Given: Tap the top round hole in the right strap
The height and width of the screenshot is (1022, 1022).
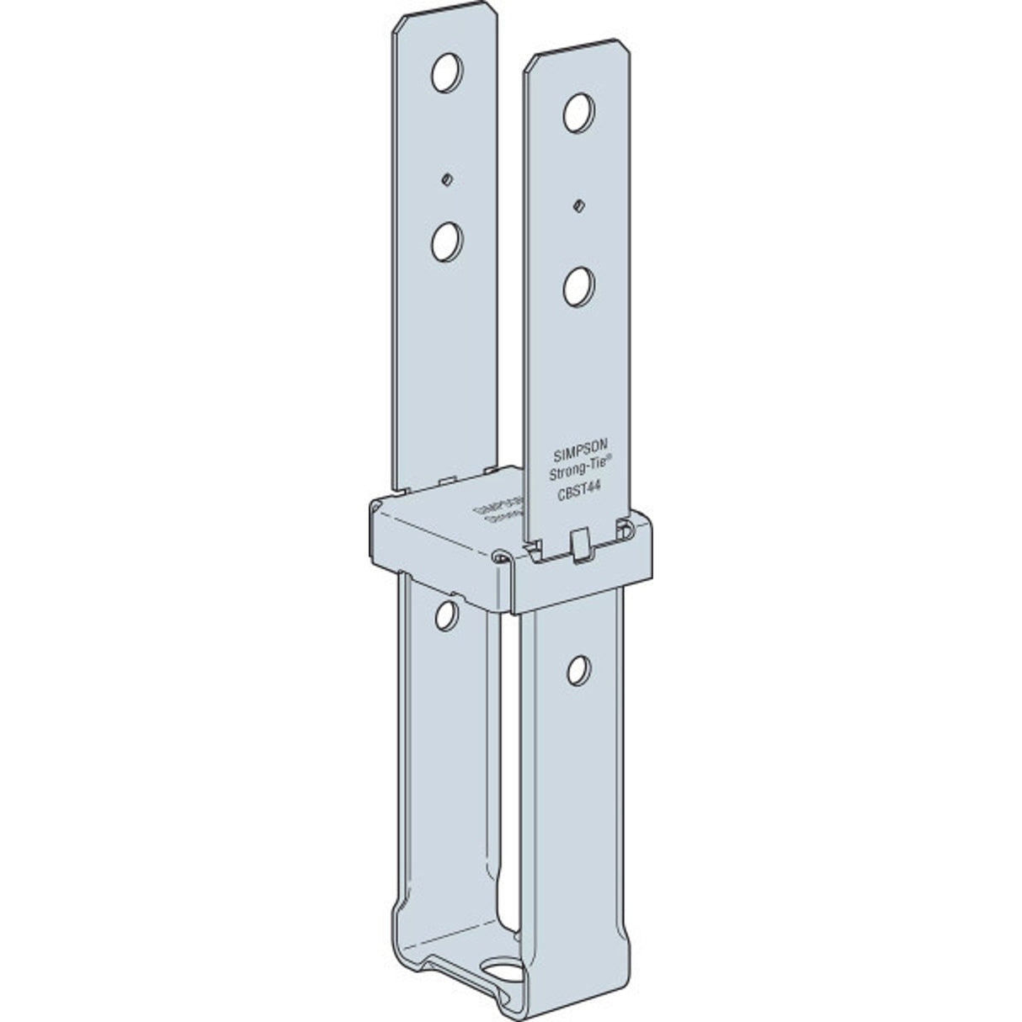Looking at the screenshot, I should [x=578, y=112].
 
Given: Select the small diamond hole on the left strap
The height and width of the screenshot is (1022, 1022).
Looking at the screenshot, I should [x=448, y=178].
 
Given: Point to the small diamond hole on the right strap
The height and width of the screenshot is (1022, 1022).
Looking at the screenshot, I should [x=578, y=205].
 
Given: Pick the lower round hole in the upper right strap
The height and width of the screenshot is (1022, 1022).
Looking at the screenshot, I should [x=578, y=286].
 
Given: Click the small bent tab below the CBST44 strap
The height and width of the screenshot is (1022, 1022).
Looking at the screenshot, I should [x=579, y=545].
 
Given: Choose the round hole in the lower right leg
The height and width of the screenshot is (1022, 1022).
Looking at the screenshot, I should [x=578, y=670].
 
